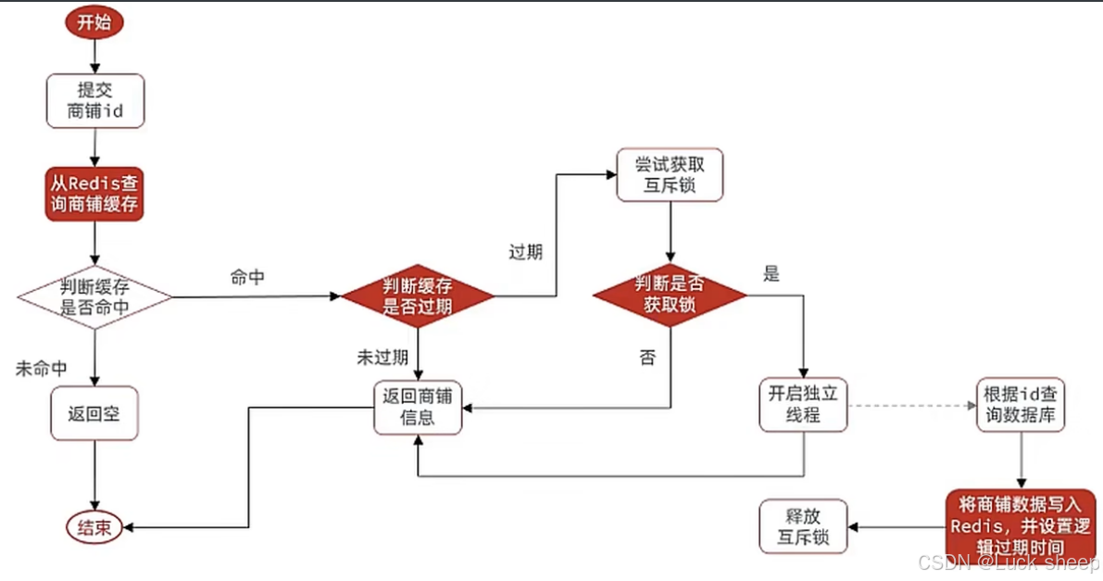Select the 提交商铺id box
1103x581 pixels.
point(95,101)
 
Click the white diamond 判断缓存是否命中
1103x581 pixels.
point(94,297)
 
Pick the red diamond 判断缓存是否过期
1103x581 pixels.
point(418,297)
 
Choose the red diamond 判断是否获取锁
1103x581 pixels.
point(670,295)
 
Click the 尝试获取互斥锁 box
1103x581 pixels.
point(670,174)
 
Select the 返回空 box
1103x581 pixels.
point(94,412)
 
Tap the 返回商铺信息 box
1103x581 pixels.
point(417,407)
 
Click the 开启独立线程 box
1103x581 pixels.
point(802,405)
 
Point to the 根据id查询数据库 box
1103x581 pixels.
point(1021,405)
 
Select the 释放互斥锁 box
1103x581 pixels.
point(803,526)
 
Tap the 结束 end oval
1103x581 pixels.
point(94,528)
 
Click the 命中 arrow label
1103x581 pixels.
point(247,277)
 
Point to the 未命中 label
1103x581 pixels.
point(42,368)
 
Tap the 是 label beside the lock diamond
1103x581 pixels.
point(771,273)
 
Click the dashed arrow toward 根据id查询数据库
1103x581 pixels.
point(911,405)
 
